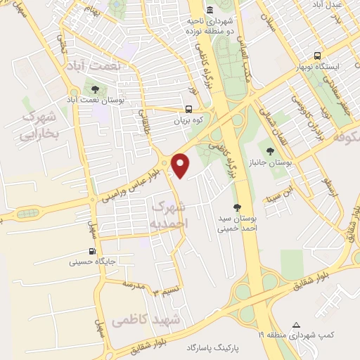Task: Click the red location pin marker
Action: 181,165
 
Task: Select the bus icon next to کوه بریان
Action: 188,109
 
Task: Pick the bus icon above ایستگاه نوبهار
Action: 318,56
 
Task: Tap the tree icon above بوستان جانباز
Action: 269,150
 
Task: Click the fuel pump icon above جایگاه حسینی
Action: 92,251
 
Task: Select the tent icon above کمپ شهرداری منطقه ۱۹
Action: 296,326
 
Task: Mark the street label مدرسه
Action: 134,284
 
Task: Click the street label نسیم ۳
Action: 169,290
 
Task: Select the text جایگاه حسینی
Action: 91,263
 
